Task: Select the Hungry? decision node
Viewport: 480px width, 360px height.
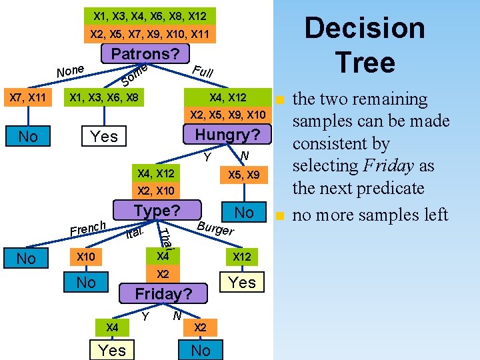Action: click(227, 135)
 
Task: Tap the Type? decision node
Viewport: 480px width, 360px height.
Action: click(157, 211)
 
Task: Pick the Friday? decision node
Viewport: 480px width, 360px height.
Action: click(163, 293)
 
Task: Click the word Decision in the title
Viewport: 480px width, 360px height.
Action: click(365, 29)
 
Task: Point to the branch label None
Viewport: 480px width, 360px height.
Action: click(70, 69)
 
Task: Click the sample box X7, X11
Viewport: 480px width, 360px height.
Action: click(27, 99)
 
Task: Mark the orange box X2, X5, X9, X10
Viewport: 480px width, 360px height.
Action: click(227, 115)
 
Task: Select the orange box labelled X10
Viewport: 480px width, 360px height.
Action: click(86, 257)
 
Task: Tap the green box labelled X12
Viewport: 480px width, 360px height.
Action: click(241, 257)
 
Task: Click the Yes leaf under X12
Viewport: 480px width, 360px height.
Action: click(242, 283)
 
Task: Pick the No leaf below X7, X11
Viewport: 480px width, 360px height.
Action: click(28, 137)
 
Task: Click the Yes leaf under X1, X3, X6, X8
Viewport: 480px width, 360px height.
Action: click(104, 137)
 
